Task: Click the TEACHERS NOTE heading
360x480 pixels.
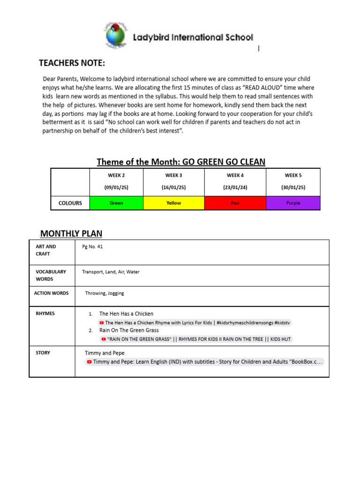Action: click(72, 63)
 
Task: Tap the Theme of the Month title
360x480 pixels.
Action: click(181, 162)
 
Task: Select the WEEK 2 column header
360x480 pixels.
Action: click(116, 175)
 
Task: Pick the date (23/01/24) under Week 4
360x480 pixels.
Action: click(235, 187)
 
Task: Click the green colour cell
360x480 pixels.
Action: click(116, 203)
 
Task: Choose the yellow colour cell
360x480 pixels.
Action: click(173, 203)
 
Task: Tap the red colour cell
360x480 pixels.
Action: click(235, 203)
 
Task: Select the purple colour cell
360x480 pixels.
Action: click(293, 203)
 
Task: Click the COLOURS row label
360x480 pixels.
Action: click(70, 203)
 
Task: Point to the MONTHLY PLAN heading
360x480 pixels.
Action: click(71, 233)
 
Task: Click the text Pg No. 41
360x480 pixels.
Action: click(92, 247)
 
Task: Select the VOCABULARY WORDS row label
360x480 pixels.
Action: click(51, 275)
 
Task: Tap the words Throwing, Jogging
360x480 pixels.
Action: click(105, 293)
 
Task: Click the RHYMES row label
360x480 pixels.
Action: click(45, 314)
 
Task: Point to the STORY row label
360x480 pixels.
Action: click(43, 352)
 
